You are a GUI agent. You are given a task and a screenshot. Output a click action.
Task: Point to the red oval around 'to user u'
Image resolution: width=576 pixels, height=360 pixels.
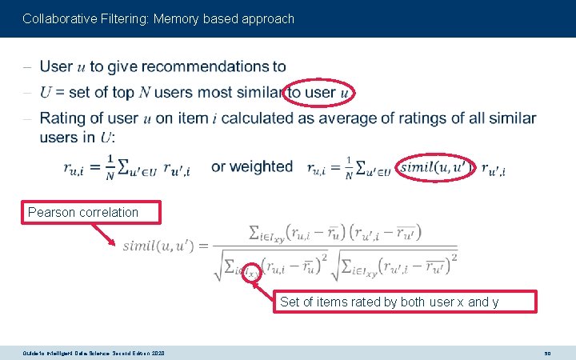[320, 93]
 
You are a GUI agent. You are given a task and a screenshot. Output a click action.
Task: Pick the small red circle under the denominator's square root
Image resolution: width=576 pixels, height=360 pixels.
[253, 274]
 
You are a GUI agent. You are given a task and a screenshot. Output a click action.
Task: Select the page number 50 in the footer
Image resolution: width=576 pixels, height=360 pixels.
[548, 352]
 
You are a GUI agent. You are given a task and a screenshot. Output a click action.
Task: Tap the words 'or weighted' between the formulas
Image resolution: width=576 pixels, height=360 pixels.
[252, 166]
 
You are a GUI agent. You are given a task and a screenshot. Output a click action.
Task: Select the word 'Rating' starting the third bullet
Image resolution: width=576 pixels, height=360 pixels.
[62, 118]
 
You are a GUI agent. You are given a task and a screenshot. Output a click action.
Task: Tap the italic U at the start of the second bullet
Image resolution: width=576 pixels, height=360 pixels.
[45, 93]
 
